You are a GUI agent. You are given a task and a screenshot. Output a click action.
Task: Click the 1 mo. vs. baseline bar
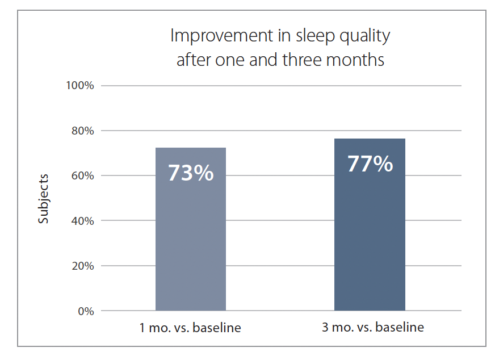coord(191,229)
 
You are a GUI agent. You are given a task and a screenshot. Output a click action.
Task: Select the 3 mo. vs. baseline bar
coord(370,224)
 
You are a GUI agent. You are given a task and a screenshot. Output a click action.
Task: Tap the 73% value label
coord(191,173)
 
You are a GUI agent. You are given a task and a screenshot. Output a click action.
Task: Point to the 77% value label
coord(370,164)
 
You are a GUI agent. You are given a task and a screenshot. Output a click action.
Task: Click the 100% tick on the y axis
coord(80,85)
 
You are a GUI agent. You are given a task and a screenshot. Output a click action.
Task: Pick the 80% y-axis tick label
coord(83,131)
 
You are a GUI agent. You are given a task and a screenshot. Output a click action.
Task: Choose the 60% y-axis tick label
coord(83,175)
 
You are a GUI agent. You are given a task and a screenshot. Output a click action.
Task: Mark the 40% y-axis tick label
coord(83,220)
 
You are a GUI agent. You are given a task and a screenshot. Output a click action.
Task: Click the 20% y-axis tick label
coord(83,266)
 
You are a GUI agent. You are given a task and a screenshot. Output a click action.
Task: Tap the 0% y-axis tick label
coord(86,311)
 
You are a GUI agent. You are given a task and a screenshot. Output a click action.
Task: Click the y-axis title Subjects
coord(43,199)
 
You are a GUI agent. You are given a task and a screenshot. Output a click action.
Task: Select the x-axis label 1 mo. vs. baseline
coord(190,328)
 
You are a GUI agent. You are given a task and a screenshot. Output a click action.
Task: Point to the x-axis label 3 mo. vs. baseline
coord(373,327)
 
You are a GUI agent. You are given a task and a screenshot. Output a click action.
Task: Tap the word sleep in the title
coord(315,35)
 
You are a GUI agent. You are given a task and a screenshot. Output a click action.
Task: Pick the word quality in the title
coord(365,36)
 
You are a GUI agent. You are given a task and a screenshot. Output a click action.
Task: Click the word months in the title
coord(355,60)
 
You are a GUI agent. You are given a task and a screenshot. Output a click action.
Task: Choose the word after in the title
coord(194,60)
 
